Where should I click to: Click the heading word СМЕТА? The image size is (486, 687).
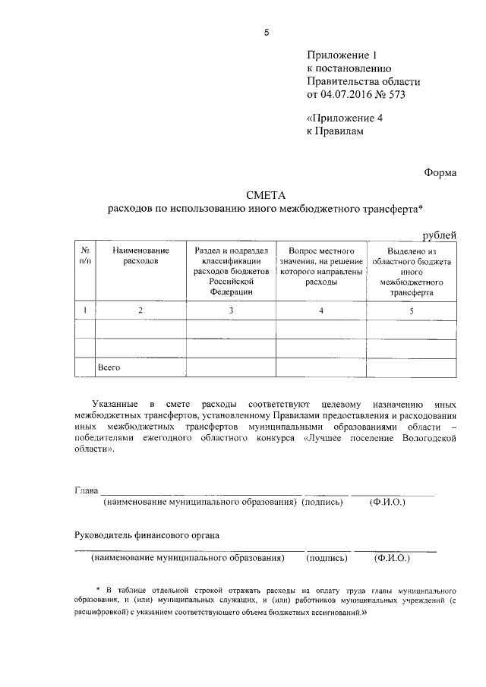pos(266,195)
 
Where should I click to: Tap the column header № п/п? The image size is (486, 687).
pos(85,255)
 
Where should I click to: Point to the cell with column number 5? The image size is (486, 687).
pos(411,310)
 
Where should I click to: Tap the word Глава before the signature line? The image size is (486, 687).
pos(86,490)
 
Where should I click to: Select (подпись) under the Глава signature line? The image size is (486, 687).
pos(323,503)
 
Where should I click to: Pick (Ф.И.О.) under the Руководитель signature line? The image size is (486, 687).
pos(392,558)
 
